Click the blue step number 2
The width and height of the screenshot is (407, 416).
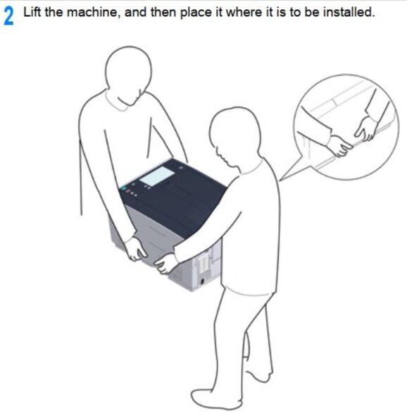[8, 16]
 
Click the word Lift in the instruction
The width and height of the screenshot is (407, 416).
[32, 12]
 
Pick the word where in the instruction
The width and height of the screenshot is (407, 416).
[244, 12]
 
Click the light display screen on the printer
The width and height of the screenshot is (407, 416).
[157, 176]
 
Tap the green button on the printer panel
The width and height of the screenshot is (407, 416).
[123, 188]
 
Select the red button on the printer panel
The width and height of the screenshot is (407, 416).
[127, 191]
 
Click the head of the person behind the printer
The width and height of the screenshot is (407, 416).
[129, 76]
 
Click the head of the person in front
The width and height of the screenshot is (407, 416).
[234, 137]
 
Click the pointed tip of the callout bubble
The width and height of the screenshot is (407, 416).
[280, 181]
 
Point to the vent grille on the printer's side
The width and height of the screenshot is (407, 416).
[203, 263]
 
